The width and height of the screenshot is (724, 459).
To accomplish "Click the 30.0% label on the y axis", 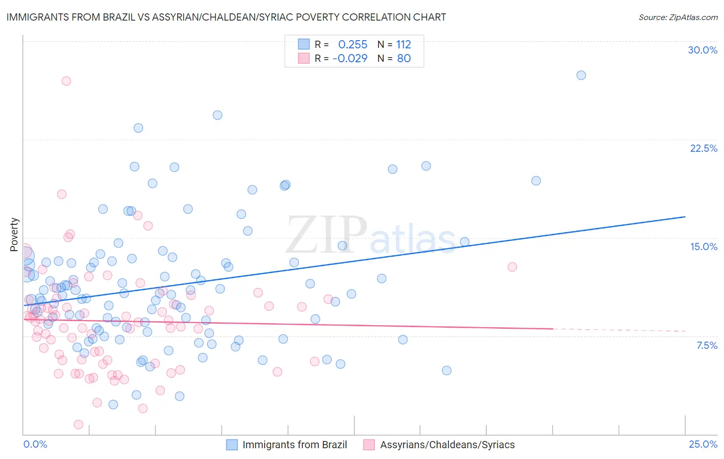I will tap(702, 50).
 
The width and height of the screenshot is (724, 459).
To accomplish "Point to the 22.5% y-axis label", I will tap(703, 148).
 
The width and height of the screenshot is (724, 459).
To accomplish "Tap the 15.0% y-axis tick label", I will tap(703, 246).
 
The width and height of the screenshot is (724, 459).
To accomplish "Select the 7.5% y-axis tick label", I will tap(706, 345).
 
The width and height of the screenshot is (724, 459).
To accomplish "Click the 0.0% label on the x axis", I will tap(35, 444).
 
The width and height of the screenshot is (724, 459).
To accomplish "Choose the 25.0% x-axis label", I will tap(703, 444).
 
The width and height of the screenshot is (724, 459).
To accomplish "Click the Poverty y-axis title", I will tap(14, 235).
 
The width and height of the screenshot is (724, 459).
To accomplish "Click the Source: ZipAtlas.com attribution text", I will tap(678, 17).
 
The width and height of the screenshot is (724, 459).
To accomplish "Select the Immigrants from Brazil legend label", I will tap(295, 445).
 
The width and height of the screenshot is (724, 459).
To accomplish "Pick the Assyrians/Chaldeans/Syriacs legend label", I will tap(447, 445).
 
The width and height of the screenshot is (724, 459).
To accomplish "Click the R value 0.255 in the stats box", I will tap(353, 45).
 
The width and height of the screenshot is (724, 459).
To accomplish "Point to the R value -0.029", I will tap(350, 58).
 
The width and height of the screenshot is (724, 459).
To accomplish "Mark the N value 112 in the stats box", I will tap(403, 45).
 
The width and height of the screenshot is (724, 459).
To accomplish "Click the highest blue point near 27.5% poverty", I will tap(581, 75).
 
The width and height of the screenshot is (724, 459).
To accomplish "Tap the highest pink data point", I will tap(66, 81).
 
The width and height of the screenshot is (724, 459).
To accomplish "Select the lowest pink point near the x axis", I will tap(78, 425).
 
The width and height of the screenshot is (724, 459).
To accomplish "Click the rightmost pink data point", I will tap(512, 267).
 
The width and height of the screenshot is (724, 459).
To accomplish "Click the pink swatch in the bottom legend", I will tap(369, 445).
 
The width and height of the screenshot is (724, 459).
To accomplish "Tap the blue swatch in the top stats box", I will tap(304, 45).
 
